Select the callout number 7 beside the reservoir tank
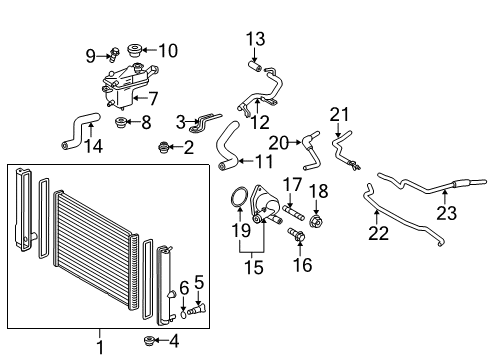(154, 98)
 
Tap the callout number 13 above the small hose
(256, 39)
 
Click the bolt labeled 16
(295, 234)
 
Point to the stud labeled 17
(296, 211)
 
